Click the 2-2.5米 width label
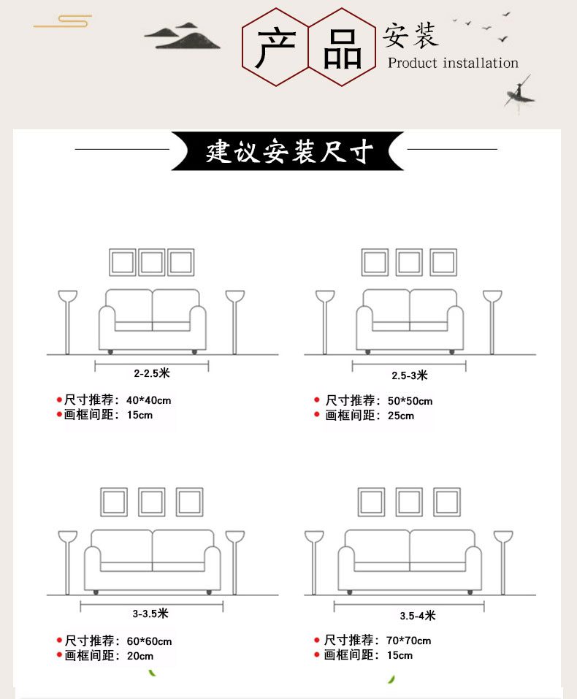coord(152,373)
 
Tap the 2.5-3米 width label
coord(409,375)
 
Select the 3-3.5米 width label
coord(150,614)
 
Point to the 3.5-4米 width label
coord(417,616)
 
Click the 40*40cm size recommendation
coord(148,400)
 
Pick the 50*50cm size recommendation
coord(410,401)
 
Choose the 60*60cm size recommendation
coord(149,641)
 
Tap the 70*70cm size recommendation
coord(408,641)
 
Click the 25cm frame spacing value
coord(400,416)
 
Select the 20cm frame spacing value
coord(140,656)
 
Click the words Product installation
coord(453,63)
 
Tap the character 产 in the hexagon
coord(275,47)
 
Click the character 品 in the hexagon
coord(342,49)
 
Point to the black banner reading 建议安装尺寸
coord(288,150)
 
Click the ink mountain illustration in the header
coord(182,36)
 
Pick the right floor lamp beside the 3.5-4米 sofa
coord(503,562)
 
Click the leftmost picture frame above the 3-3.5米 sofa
coord(102,502)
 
